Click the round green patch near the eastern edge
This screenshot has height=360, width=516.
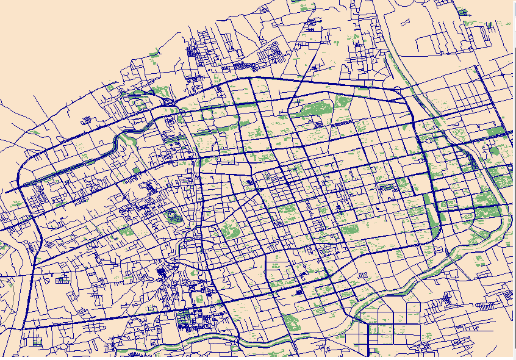pos(494,149)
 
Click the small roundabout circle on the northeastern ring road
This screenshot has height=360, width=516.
pos(400,93)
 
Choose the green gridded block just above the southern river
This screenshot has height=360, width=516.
pos(183,319)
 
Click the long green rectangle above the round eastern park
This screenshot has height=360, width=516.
pos(496,131)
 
